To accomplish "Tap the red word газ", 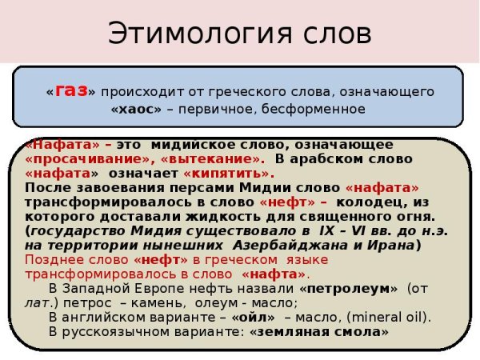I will (x=71, y=90).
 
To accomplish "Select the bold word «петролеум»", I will (x=349, y=288).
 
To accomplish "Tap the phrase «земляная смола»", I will (x=318, y=331).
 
